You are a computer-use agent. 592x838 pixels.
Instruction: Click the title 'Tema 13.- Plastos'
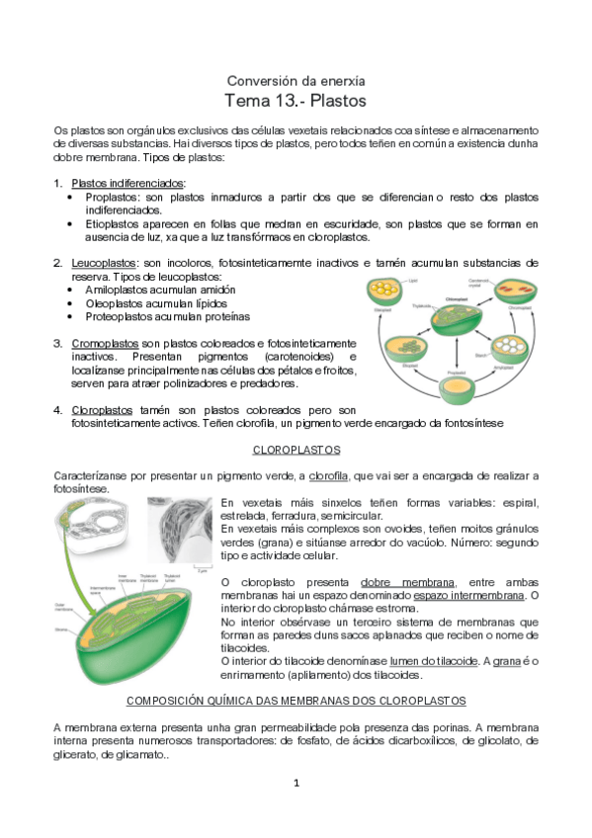point(296,101)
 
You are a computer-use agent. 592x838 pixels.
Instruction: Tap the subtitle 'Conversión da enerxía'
point(296,79)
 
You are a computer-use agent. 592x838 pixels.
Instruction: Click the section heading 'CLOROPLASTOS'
point(296,450)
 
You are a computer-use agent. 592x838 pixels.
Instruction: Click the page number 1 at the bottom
point(296,783)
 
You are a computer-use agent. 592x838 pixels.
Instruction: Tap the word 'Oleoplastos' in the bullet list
point(118,303)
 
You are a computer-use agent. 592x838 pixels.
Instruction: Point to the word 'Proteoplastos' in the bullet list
point(122,317)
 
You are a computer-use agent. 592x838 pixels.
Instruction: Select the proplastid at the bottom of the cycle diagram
point(450,383)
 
